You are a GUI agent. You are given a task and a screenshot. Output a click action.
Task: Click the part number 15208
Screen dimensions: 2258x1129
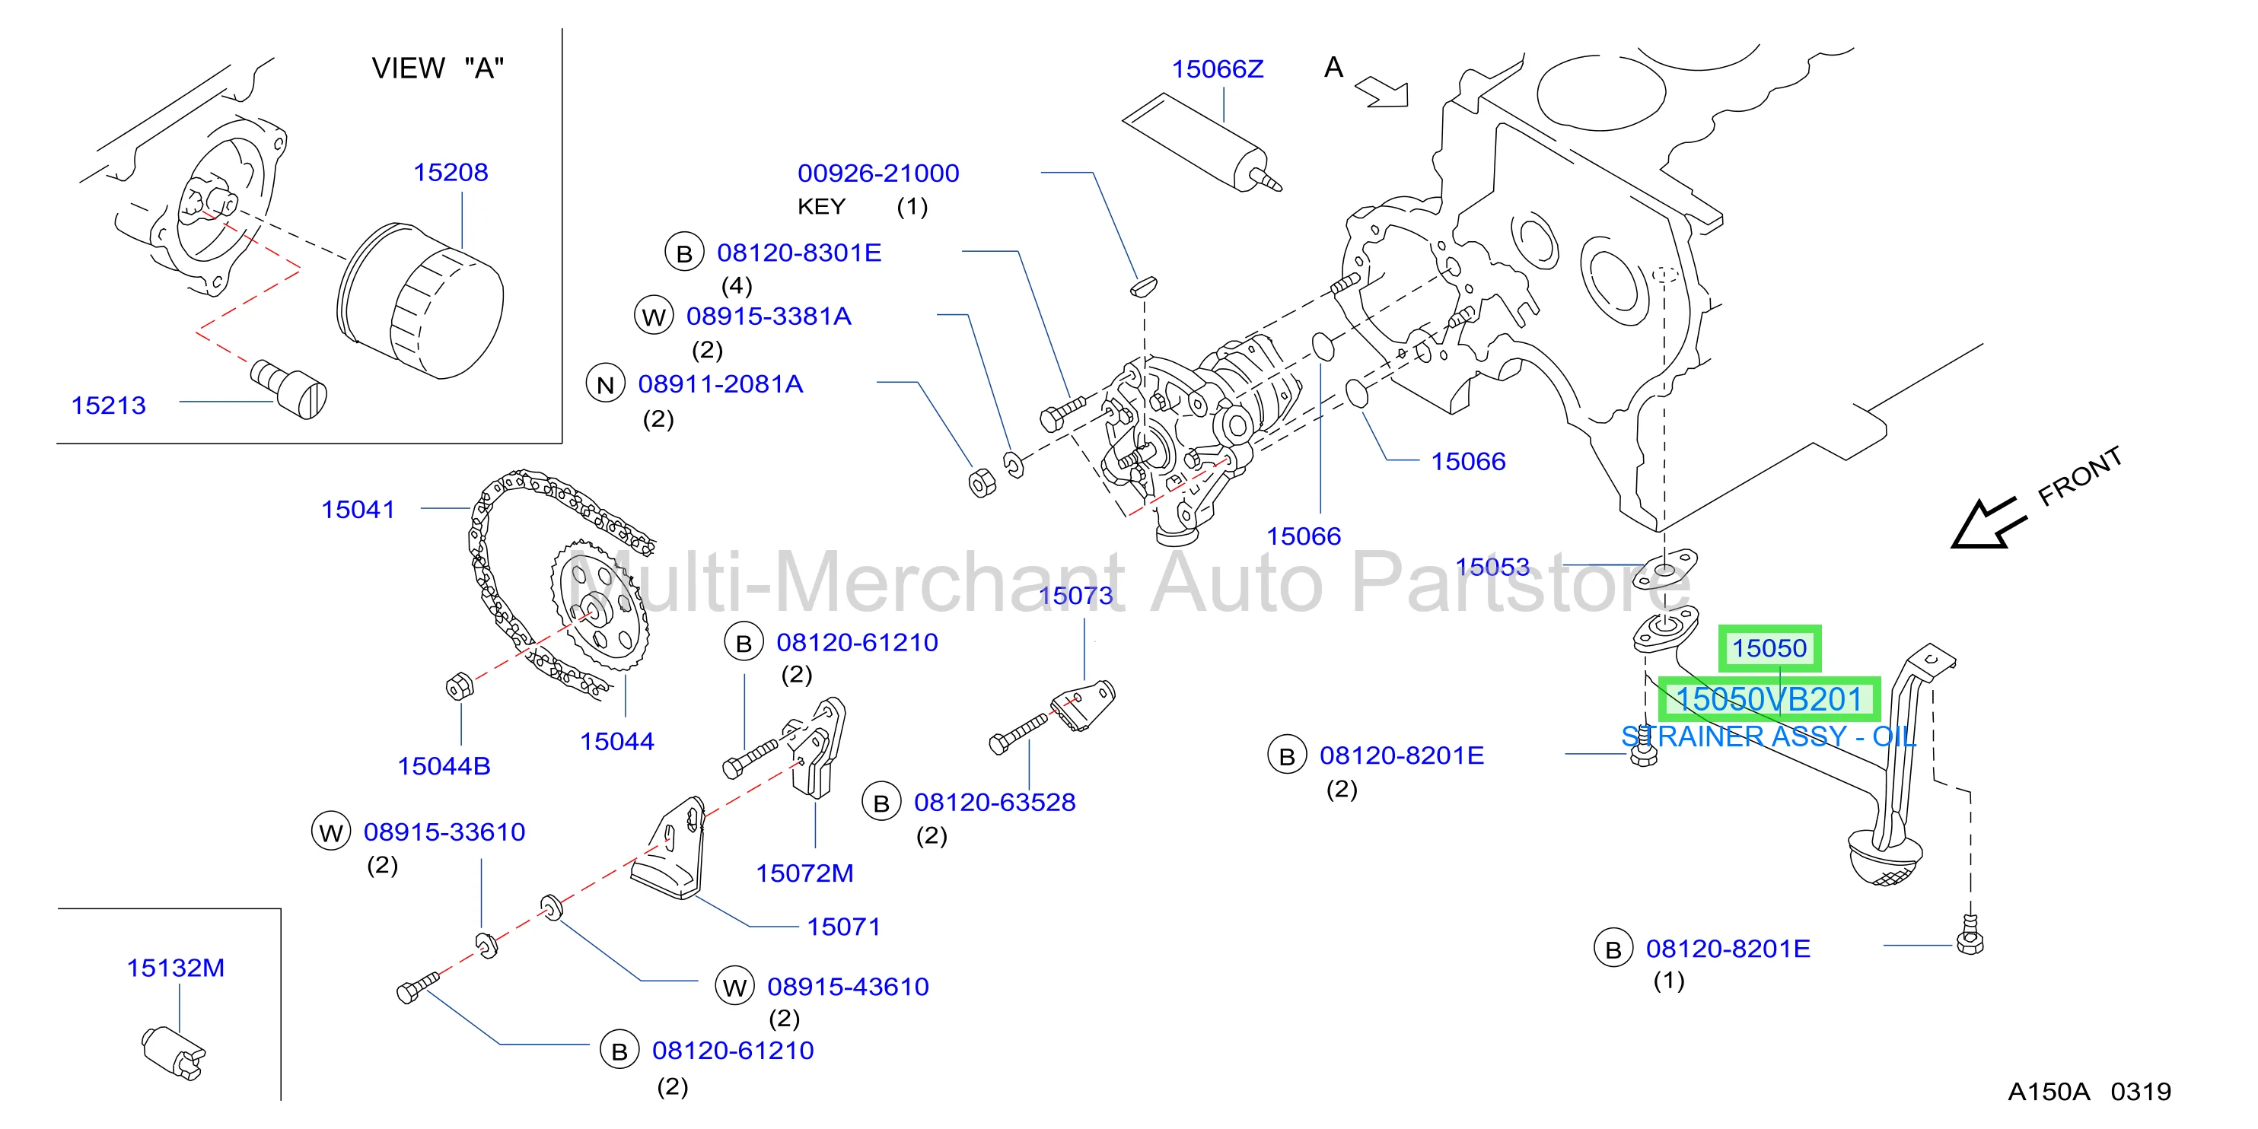coord(451,172)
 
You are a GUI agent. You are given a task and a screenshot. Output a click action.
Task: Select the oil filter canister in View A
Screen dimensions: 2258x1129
coord(421,301)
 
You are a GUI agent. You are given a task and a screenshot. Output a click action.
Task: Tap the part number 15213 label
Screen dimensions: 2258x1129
coord(109,405)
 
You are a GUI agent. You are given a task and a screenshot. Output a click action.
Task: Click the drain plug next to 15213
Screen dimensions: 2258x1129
coord(289,388)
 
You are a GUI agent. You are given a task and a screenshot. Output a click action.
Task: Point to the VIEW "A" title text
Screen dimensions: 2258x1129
coord(438,68)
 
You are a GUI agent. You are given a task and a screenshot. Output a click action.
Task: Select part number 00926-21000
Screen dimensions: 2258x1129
coord(878,173)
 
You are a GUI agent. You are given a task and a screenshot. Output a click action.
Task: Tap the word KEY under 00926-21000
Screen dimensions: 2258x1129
coord(821,207)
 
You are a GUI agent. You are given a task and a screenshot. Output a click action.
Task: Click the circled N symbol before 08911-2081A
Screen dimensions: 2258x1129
coord(605,384)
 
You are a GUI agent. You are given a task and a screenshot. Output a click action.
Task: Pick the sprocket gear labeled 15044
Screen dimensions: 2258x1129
coord(600,605)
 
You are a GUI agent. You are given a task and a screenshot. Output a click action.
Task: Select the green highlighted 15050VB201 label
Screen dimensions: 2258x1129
coord(1769,699)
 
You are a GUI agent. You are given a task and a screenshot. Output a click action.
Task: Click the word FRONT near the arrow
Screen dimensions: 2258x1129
coord(2079,476)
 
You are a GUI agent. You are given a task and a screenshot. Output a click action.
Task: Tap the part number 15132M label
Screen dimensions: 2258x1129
coord(175,968)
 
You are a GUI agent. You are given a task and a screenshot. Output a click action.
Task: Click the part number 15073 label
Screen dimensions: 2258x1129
coord(1075,595)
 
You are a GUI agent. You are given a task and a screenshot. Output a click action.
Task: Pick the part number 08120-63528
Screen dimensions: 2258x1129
coord(995,802)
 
